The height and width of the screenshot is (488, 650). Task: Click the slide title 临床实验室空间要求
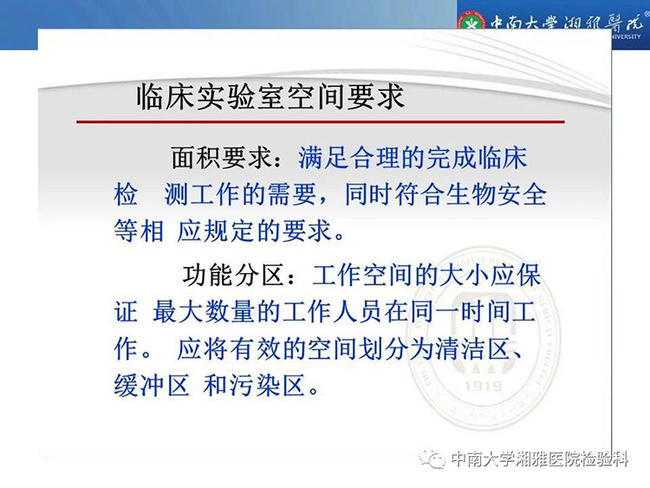(x=270, y=96)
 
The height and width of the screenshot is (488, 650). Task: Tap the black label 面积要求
(x=221, y=158)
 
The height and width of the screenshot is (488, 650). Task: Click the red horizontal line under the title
(x=321, y=122)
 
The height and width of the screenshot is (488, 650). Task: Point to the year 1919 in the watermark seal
(x=483, y=387)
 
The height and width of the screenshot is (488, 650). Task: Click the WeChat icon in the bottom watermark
(x=432, y=459)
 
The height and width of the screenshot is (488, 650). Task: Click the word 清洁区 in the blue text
(x=472, y=349)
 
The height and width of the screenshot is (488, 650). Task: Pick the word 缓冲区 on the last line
(x=152, y=386)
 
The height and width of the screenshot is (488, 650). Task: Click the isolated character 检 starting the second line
(x=126, y=194)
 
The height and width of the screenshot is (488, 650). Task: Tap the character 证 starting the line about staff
(x=126, y=312)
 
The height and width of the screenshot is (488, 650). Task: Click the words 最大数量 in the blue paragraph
(x=203, y=312)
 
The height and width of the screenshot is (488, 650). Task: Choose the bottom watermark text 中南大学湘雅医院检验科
(x=539, y=459)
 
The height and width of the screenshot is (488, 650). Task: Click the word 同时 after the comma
(x=369, y=194)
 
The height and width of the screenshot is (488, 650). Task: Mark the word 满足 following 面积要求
(x=322, y=158)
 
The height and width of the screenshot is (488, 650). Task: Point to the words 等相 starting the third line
(x=139, y=231)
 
